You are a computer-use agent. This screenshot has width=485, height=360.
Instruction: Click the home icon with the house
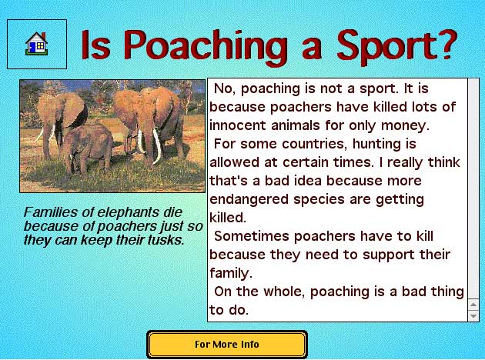point(36,44)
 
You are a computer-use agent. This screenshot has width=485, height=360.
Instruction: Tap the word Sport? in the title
point(397,47)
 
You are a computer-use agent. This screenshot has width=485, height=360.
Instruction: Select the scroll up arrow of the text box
point(473,305)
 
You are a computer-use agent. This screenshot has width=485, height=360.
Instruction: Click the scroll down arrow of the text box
point(473,316)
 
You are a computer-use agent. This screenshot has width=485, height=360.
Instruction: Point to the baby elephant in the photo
point(89,148)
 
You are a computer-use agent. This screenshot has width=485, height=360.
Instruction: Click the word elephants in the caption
point(126,212)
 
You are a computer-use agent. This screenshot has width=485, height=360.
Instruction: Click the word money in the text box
point(405,126)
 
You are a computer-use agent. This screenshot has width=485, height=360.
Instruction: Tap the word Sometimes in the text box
point(252,236)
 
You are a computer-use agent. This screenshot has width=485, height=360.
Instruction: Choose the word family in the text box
point(230,274)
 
